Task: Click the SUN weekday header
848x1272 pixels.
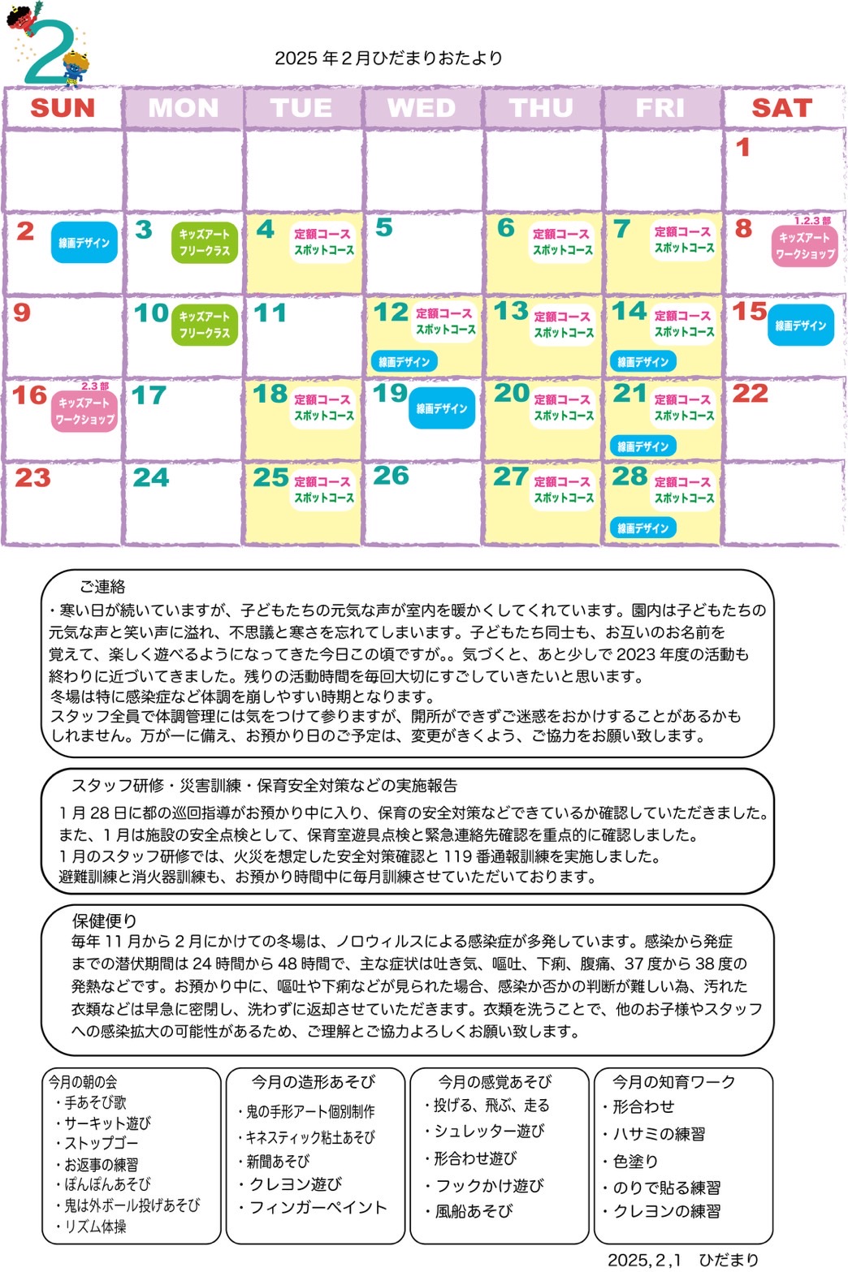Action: (63, 108)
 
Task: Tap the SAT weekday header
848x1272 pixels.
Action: (781, 108)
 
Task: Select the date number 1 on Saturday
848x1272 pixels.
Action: (742, 148)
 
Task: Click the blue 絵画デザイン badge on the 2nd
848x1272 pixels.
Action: (84, 243)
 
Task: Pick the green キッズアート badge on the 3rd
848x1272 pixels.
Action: (204, 243)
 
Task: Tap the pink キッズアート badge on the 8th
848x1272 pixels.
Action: (804, 245)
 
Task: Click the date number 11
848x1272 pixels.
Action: (270, 313)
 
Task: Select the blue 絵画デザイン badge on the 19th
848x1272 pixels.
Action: (441, 408)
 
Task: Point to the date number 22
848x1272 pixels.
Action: (750, 394)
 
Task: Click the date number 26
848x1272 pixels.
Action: (391, 476)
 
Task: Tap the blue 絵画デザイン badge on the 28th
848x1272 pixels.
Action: (642, 528)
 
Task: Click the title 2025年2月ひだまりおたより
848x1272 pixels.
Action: (388, 58)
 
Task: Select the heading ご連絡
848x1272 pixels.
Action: (102, 587)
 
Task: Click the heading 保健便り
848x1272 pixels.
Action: (104, 921)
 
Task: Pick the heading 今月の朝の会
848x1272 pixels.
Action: (82, 1082)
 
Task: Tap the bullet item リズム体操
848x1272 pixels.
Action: (95, 1227)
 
